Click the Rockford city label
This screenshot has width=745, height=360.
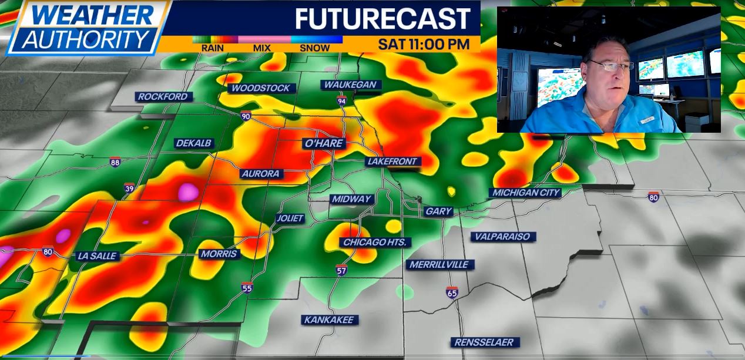(163, 97)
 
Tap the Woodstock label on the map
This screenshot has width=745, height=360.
(261, 88)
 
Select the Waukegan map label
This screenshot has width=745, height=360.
(350, 85)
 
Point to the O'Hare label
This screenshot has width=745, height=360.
(323, 143)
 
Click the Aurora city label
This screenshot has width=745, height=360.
(261, 174)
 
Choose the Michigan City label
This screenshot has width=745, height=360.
(526, 193)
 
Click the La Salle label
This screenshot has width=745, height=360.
(97, 256)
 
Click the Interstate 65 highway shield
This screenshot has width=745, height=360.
(451, 292)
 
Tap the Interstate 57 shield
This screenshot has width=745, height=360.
(341, 270)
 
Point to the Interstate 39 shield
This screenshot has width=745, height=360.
(129, 188)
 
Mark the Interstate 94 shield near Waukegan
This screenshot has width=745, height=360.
(341, 102)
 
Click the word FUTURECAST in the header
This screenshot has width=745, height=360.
(382, 19)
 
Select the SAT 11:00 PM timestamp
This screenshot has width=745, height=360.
(424, 44)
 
